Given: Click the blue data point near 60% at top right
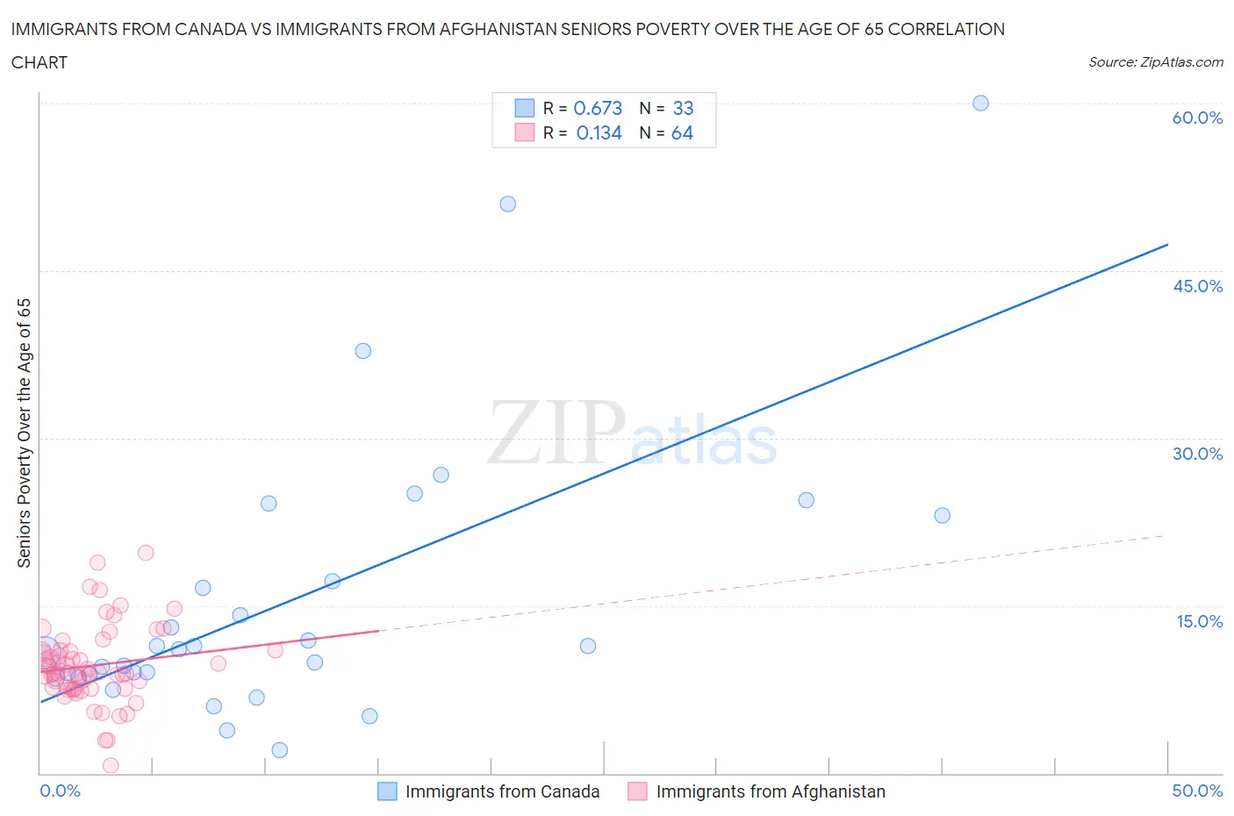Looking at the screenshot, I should (980, 104).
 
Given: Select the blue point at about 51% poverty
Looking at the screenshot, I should (507, 204).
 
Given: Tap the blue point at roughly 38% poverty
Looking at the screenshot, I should (362, 351).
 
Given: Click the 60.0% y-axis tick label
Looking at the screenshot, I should (1197, 118).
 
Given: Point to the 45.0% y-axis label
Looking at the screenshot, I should (1197, 286).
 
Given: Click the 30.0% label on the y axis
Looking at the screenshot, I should (1197, 454).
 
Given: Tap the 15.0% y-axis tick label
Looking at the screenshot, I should (1199, 621).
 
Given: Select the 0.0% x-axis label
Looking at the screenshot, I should (60, 791).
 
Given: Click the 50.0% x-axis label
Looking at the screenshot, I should (1197, 791).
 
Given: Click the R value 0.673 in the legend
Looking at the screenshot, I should (598, 108).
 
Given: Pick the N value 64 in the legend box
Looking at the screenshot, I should (682, 132).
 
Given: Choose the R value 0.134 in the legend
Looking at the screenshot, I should (599, 132).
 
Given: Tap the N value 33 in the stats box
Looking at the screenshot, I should (683, 108).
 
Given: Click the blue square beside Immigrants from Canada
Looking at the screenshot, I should (387, 791).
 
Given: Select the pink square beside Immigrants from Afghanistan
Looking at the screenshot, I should (637, 791).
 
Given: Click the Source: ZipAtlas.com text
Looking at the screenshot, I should (1155, 61).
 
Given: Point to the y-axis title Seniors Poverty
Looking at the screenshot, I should (25, 433).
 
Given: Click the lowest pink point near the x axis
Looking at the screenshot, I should (111, 765).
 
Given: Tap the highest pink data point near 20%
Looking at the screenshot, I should (146, 553).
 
